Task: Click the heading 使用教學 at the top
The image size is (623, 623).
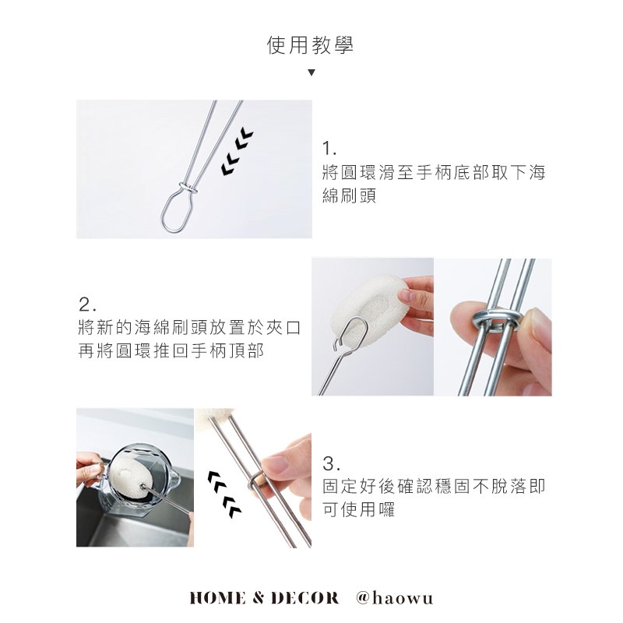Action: (x=310, y=44)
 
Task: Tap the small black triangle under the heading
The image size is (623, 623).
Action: (x=311, y=72)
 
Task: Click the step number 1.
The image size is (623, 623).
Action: (x=329, y=149)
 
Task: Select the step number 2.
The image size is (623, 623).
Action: (x=87, y=304)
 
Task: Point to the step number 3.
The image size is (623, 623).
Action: (x=331, y=463)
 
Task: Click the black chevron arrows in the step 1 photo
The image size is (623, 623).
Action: (x=238, y=152)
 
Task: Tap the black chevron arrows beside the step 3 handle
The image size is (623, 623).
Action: (x=224, y=495)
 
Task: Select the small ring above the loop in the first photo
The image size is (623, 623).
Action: (x=188, y=187)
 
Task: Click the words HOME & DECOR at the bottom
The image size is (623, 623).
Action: (x=264, y=598)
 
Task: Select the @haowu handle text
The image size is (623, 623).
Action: (x=395, y=598)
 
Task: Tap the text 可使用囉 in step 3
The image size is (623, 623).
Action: (x=359, y=510)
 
